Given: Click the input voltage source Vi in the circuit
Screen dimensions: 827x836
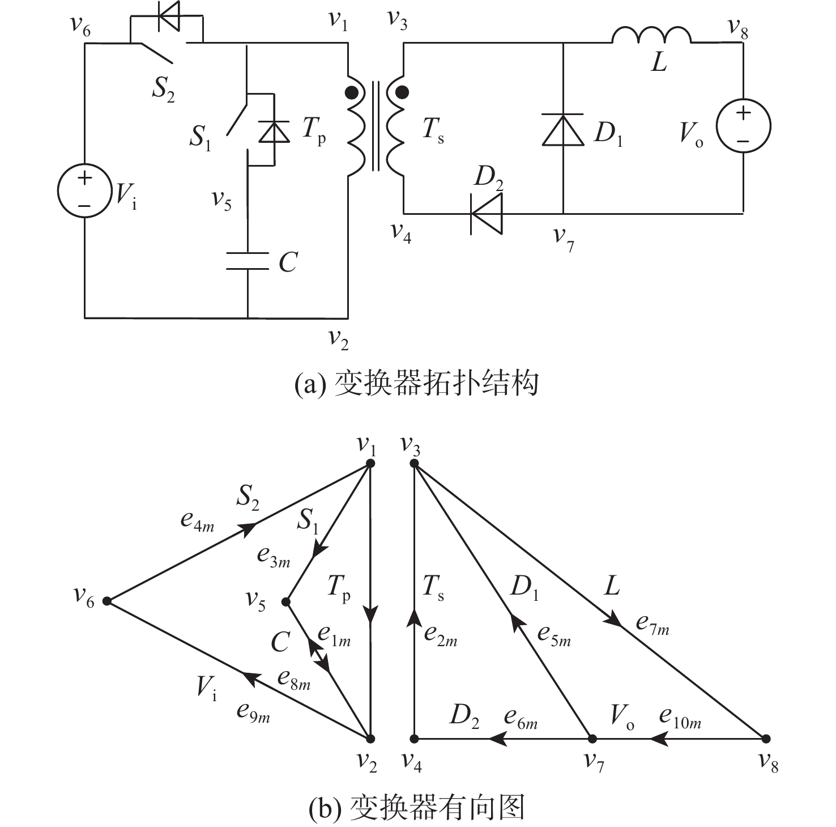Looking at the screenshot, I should [84, 191].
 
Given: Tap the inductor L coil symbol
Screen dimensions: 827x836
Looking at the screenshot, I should [651, 35].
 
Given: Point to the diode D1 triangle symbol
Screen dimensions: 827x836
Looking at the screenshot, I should [563, 130].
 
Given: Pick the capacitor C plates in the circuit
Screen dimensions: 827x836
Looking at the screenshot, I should [248, 261].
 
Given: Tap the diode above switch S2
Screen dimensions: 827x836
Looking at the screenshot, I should [168, 16].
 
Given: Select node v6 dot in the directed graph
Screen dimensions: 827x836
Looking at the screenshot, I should [107, 601].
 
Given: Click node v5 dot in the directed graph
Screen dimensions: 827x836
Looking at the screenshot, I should [287, 601].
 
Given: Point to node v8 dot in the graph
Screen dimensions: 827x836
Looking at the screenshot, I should [766, 739].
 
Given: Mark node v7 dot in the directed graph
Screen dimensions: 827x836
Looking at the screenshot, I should [592, 739].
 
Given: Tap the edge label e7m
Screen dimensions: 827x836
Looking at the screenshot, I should [652, 624].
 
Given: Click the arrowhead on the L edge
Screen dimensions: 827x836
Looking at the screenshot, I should [614, 620].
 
